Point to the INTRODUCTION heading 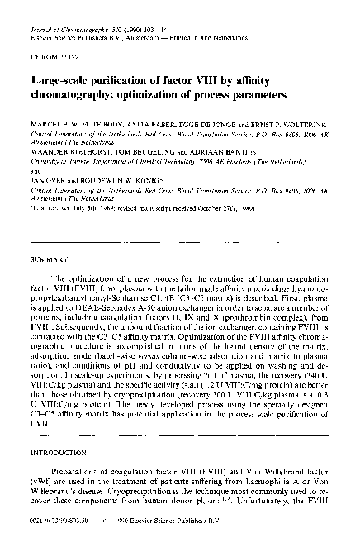point(57,452)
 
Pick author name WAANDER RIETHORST point(65,150)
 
